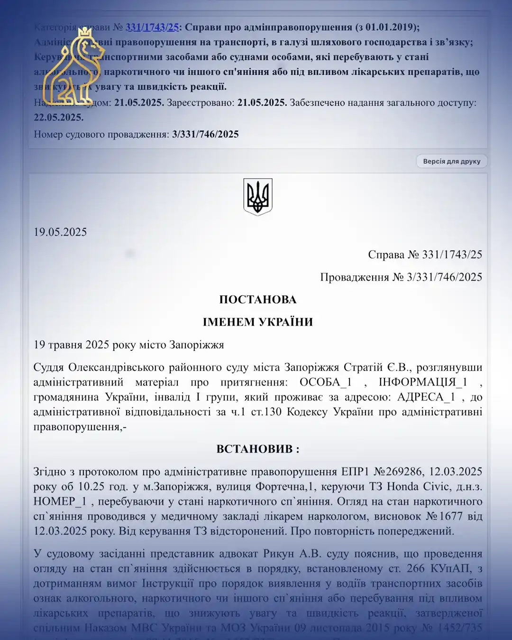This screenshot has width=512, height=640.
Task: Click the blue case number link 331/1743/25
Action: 152,27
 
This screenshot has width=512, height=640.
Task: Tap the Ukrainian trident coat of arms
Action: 257,197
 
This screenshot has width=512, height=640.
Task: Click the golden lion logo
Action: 73,66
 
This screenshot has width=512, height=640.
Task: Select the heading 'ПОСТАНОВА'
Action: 257,300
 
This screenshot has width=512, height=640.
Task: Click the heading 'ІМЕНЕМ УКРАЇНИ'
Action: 257,322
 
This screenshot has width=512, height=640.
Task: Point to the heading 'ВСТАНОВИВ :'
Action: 257,449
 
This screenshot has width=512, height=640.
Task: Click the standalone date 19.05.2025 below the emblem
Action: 60,232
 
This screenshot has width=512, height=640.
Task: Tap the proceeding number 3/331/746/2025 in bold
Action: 205,134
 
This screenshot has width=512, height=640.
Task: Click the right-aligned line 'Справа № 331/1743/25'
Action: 425,255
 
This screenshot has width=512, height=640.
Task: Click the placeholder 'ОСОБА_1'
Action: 326,382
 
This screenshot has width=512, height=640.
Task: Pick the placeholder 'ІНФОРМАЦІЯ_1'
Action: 423,382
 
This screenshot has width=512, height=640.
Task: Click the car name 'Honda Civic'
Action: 418,486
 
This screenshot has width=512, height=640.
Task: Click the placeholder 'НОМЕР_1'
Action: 60,502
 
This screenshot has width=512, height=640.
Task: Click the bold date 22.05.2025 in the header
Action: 58,117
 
